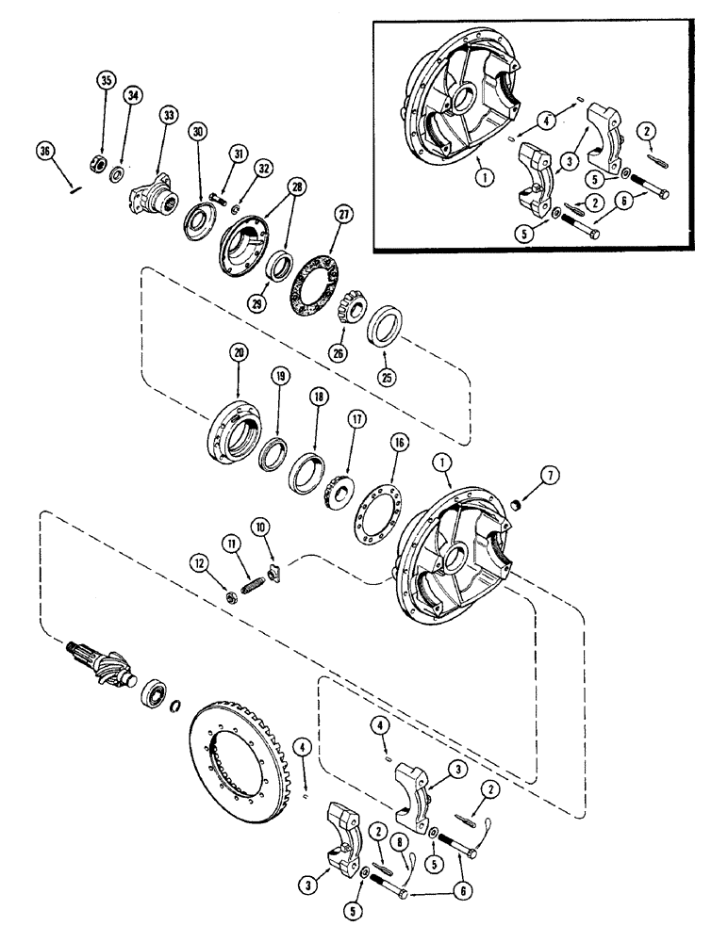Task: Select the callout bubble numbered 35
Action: [105, 82]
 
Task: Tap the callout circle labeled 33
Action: [168, 115]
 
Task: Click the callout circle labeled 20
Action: [238, 352]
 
